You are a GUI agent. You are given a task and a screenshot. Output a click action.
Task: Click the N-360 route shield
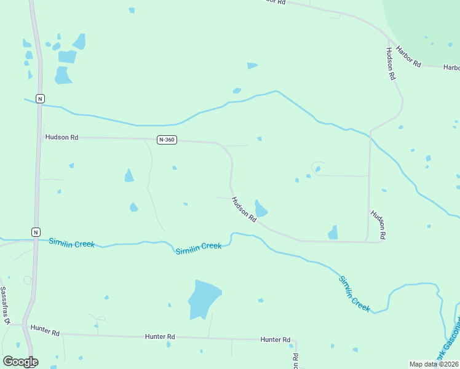point(167,140)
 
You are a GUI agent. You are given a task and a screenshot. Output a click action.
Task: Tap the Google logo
point(20,362)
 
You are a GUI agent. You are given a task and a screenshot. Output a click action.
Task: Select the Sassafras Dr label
point(5,306)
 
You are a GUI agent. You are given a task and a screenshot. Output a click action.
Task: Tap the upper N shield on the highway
point(39,98)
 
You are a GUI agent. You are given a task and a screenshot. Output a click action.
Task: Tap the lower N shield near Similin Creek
point(36,232)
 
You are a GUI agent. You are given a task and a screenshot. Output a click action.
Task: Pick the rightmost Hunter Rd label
point(275,339)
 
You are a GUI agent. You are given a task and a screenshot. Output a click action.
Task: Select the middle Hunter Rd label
point(161,336)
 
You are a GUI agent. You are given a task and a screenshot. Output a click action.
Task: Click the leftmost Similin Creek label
point(72,244)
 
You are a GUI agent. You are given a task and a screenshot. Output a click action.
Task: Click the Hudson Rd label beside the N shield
point(61,138)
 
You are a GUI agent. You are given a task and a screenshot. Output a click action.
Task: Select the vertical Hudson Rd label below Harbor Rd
point(390,65)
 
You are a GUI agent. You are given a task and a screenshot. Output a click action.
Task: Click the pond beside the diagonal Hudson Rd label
point(261,209)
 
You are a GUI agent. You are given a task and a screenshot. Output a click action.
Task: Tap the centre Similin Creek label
point(198,248)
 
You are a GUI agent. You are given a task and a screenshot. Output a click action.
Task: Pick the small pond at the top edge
point(132,10)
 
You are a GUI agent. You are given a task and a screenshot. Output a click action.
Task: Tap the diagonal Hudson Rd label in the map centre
point(244,210)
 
